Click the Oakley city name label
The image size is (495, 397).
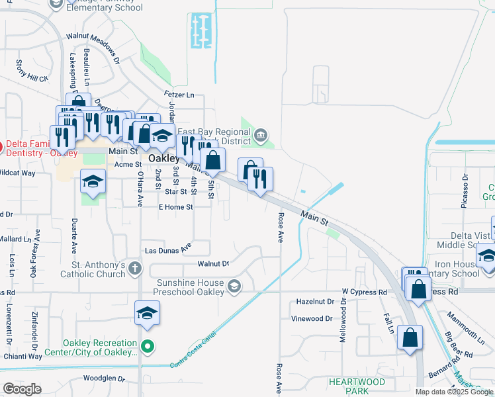tap(164, 159)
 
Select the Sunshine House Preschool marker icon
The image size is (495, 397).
tap(233, 286)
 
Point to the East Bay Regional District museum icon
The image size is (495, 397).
tap(261, 136)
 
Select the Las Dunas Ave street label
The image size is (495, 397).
tap(168, 249)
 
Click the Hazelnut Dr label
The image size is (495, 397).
tap(315, 302)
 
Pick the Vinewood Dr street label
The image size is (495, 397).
tap(311, 318)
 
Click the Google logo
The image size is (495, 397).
tap(22, 389)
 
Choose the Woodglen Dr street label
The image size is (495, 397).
tap(105, 379)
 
